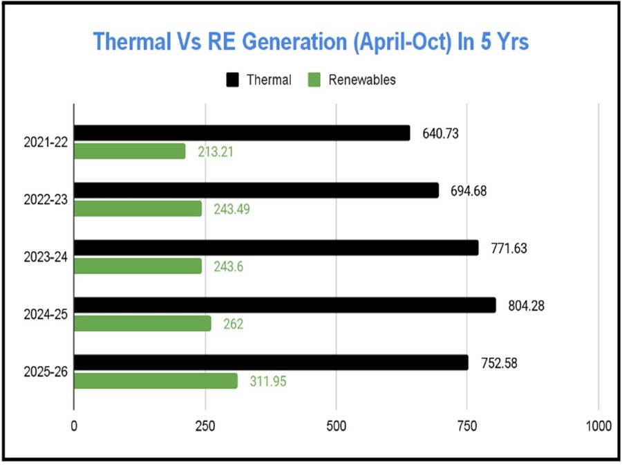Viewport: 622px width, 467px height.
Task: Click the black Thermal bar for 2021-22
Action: (242, 133)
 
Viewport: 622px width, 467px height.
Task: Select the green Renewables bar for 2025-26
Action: (155, 381)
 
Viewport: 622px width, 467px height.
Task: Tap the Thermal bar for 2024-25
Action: (285, 305)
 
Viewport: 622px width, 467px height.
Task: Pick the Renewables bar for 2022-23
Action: (138, 209)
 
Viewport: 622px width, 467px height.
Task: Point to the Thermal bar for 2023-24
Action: (276, 248)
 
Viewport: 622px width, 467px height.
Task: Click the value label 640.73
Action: (440, 134)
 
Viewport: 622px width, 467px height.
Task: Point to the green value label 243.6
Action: (229, 266)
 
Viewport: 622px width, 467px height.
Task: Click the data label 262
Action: (233, 324)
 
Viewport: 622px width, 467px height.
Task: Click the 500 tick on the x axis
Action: (336, 425)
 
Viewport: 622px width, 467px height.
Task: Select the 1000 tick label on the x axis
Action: (598, 425)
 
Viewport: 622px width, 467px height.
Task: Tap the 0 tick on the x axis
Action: (74, 425)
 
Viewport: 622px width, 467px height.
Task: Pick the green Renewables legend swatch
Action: (315, 80)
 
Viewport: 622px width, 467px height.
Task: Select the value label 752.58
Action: (498, 363)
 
